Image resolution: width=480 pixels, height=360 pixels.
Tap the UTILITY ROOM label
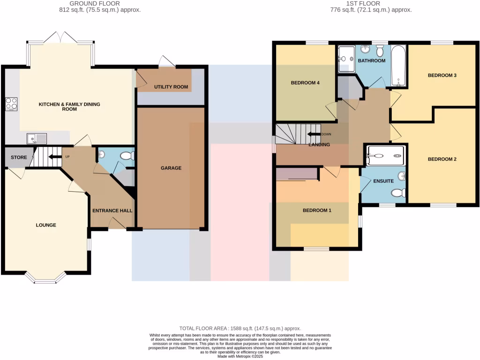pos(171,87)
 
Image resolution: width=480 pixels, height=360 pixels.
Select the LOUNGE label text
pos(46,225)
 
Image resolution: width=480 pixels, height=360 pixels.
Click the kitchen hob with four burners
pos(11,103)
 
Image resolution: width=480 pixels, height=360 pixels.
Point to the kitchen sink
pos(37,138)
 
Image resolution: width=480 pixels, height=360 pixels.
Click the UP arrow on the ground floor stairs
pos(55,157)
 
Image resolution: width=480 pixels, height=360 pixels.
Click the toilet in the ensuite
pos(398,192)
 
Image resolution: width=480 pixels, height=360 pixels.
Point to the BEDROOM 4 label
pos(305,83)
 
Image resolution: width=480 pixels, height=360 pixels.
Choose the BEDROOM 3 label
pos(442,75)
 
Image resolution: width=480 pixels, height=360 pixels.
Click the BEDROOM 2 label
pos(442,159)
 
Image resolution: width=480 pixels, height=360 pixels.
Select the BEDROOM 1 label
pos(317,210)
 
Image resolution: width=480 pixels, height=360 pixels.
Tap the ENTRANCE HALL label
pos(112,210)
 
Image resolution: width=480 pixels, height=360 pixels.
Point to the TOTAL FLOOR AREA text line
pos(240,328)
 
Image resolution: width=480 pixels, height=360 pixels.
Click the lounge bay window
pos(45,280)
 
